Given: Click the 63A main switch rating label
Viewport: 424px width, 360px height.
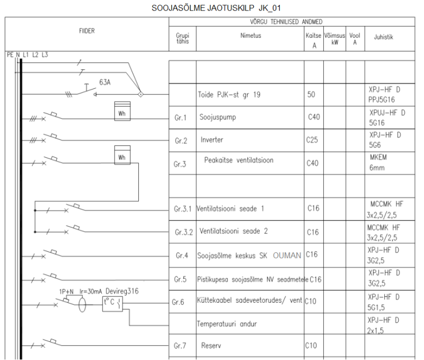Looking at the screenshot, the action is coord(105,82).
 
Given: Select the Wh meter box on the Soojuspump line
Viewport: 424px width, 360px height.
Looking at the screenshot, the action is coord(122,111).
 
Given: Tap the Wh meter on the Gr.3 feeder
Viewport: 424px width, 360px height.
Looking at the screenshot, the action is coord(122,155).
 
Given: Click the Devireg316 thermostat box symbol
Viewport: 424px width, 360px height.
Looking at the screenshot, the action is coord(112,304).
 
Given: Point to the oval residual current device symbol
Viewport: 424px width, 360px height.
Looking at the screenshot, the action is coord(82,305).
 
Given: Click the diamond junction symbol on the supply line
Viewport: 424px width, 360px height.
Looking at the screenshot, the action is coord(140,94).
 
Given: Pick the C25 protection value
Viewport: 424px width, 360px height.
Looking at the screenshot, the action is coord(312,140).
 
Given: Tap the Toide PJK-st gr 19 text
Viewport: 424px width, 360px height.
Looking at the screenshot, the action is coord(229,95).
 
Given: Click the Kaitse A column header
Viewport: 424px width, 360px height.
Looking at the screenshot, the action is coord(314,40).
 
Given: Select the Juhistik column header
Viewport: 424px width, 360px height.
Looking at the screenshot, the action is coord(383,37).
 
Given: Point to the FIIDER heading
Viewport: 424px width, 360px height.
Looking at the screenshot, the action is coord(87,31).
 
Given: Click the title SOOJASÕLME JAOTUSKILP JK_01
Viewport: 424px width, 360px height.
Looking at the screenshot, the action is coord(216,8).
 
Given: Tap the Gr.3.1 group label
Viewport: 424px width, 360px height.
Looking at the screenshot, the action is coord(182,209).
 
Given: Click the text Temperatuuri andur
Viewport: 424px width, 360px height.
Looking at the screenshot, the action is coord(227,324).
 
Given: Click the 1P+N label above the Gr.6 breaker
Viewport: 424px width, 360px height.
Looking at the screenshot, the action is coord(66,292).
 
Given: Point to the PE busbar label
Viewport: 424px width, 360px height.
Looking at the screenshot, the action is coord(10,55).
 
